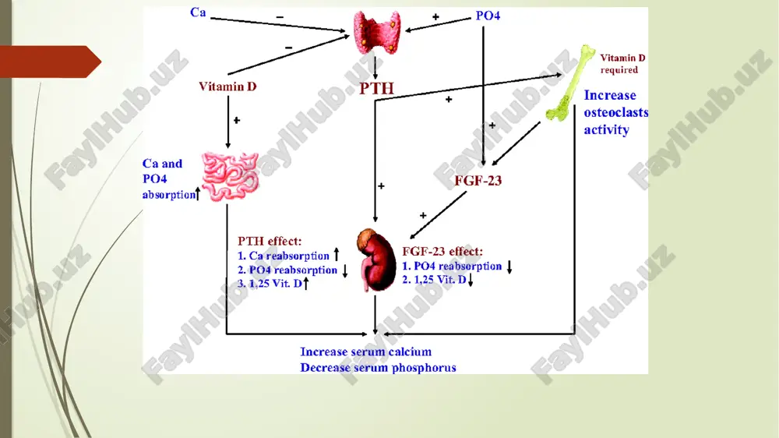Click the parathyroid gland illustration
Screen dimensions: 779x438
(x=376, y=32)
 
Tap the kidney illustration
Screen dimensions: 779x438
(x=376, y=260)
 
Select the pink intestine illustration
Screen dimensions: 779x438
(x=230, y=176)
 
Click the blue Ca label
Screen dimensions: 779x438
(x=198, y=12)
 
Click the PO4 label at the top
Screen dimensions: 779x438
(x=488, y=16)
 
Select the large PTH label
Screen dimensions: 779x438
(x=376, y=89)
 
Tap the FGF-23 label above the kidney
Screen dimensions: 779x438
(x=478, y=181)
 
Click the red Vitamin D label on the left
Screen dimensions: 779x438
(x=227, y=87)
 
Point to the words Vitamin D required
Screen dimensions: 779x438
(x=622, y=64)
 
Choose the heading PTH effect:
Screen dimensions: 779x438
(x=270, y=241)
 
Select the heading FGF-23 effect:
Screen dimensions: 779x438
(x=442, y=252)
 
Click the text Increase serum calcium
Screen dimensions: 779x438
(x=365, y=352)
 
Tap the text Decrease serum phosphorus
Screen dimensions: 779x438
(x=378, y=368)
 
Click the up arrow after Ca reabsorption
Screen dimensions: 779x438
(x=337, y=255)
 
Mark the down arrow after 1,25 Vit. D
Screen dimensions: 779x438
(x=471, y=280)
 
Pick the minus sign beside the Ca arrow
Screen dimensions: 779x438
(x=280, y=17)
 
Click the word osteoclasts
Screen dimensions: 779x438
(x=616, y=113)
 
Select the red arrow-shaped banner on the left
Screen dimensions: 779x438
(x=51, y=62)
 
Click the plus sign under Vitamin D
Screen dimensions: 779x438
(x=237, y=120)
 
